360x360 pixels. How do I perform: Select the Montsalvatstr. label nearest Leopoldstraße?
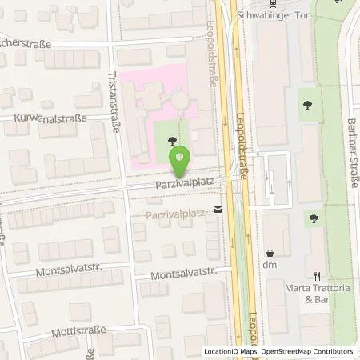(x=187, y=273)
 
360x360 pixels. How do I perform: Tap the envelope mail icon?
(x=219, y=210)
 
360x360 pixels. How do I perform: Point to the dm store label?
(x=270, y=264)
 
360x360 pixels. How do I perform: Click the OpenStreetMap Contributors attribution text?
(x=306, y=351)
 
